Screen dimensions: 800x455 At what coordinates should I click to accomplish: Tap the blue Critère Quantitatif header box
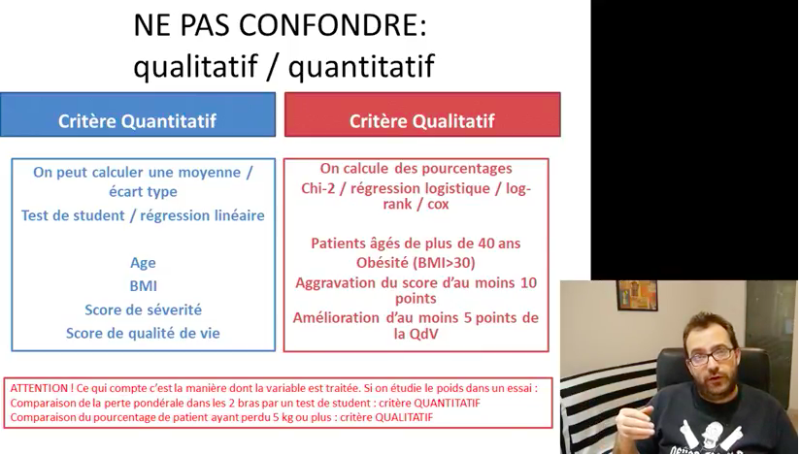pos(138,114)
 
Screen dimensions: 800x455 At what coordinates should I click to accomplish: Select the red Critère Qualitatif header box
pos(422,114)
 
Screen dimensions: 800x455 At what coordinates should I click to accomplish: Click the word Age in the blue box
pos(143,263)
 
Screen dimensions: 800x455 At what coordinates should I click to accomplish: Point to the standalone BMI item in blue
pos(144,285)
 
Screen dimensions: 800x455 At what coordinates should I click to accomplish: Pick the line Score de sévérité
pos(144,309)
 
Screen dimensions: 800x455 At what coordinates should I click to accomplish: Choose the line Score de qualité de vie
pos(143,333)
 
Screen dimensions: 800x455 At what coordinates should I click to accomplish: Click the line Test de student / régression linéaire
pos(143,215)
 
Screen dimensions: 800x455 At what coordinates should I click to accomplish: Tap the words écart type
pos(143,192)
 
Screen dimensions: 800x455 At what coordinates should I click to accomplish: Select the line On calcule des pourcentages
pos(416,169)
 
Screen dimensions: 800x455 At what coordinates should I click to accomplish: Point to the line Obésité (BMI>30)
pos(416,263)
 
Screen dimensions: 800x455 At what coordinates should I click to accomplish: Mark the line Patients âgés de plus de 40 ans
pos(416,244)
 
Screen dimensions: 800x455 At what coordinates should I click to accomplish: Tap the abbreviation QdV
pos(423,334)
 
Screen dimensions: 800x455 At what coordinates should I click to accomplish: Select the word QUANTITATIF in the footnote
pos(447,403)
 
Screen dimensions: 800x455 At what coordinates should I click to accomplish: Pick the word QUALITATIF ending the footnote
pos(404,417)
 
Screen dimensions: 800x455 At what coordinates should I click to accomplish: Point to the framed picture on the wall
pos(637,295)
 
